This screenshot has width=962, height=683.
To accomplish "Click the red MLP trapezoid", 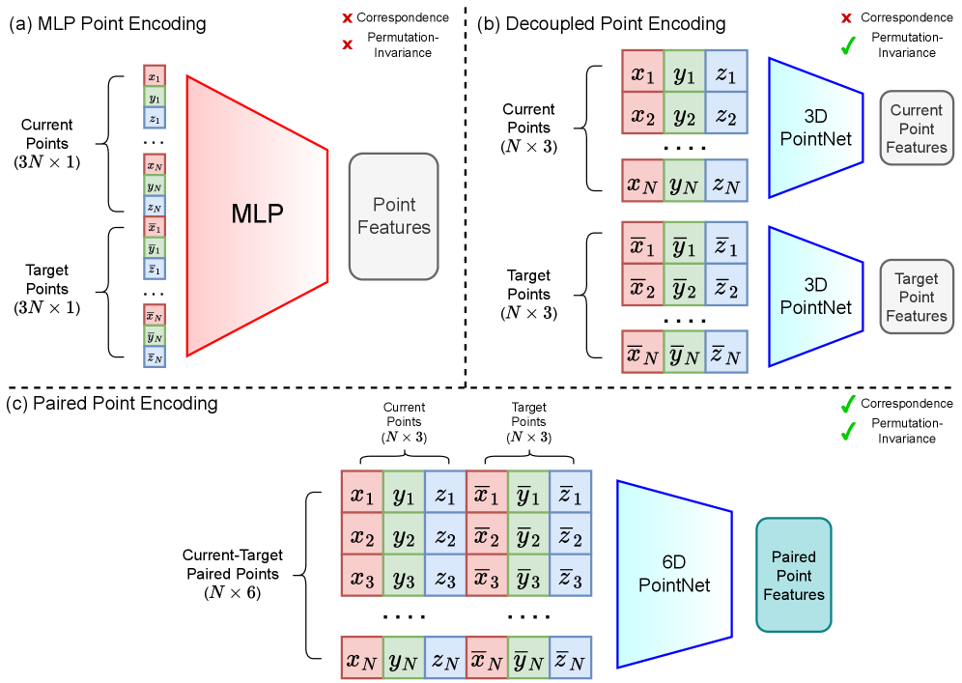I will click(256, 214).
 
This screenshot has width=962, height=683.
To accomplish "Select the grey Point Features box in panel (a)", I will click(394, 216).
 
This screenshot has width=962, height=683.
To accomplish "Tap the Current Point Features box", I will click(917, 129).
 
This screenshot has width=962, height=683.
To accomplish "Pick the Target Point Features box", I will click(917, 298).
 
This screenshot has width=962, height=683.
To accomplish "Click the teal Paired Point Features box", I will click(794, 575).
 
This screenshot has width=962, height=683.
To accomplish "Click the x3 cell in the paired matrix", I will click(362, 580).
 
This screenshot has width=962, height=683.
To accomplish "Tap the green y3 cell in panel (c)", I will click(404, 580).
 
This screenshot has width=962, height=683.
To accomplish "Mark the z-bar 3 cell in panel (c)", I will click(570, 580).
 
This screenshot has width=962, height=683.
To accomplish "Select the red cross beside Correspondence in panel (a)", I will click(347, 18).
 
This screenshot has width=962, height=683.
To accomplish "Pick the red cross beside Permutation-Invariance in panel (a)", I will click(347, 44).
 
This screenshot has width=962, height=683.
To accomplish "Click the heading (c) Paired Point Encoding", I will click(112, 403).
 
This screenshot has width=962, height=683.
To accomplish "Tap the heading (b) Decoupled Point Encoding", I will click(602, 23).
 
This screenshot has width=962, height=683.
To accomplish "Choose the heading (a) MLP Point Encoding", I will click(107, 23).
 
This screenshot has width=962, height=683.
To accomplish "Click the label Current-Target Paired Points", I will click(233, 564).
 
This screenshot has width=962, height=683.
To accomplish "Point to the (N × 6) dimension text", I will click(233, 592).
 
